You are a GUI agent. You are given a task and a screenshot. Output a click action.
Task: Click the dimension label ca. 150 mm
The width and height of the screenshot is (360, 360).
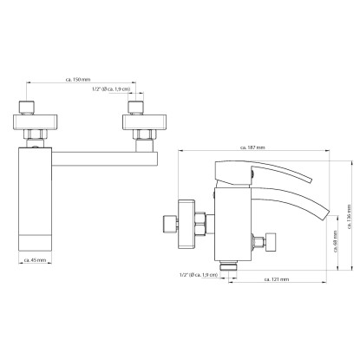click(78, 80)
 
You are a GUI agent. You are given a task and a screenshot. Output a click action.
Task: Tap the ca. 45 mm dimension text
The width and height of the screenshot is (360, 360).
click(35, 260)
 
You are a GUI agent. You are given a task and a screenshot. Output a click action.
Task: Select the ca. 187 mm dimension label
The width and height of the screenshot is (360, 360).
click(252, 147)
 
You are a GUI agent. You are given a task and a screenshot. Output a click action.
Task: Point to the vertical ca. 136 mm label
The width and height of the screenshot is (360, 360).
click(350, 217)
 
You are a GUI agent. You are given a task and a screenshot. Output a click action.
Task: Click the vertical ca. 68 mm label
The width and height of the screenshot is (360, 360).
click(335, 241)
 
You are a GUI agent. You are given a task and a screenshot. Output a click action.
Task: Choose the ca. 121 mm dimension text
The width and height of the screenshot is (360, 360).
click(277, 279)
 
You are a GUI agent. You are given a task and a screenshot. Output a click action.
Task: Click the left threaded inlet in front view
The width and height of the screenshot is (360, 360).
click(27, 108)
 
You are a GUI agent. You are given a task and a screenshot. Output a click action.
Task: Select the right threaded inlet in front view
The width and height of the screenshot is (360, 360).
click(135, 108)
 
